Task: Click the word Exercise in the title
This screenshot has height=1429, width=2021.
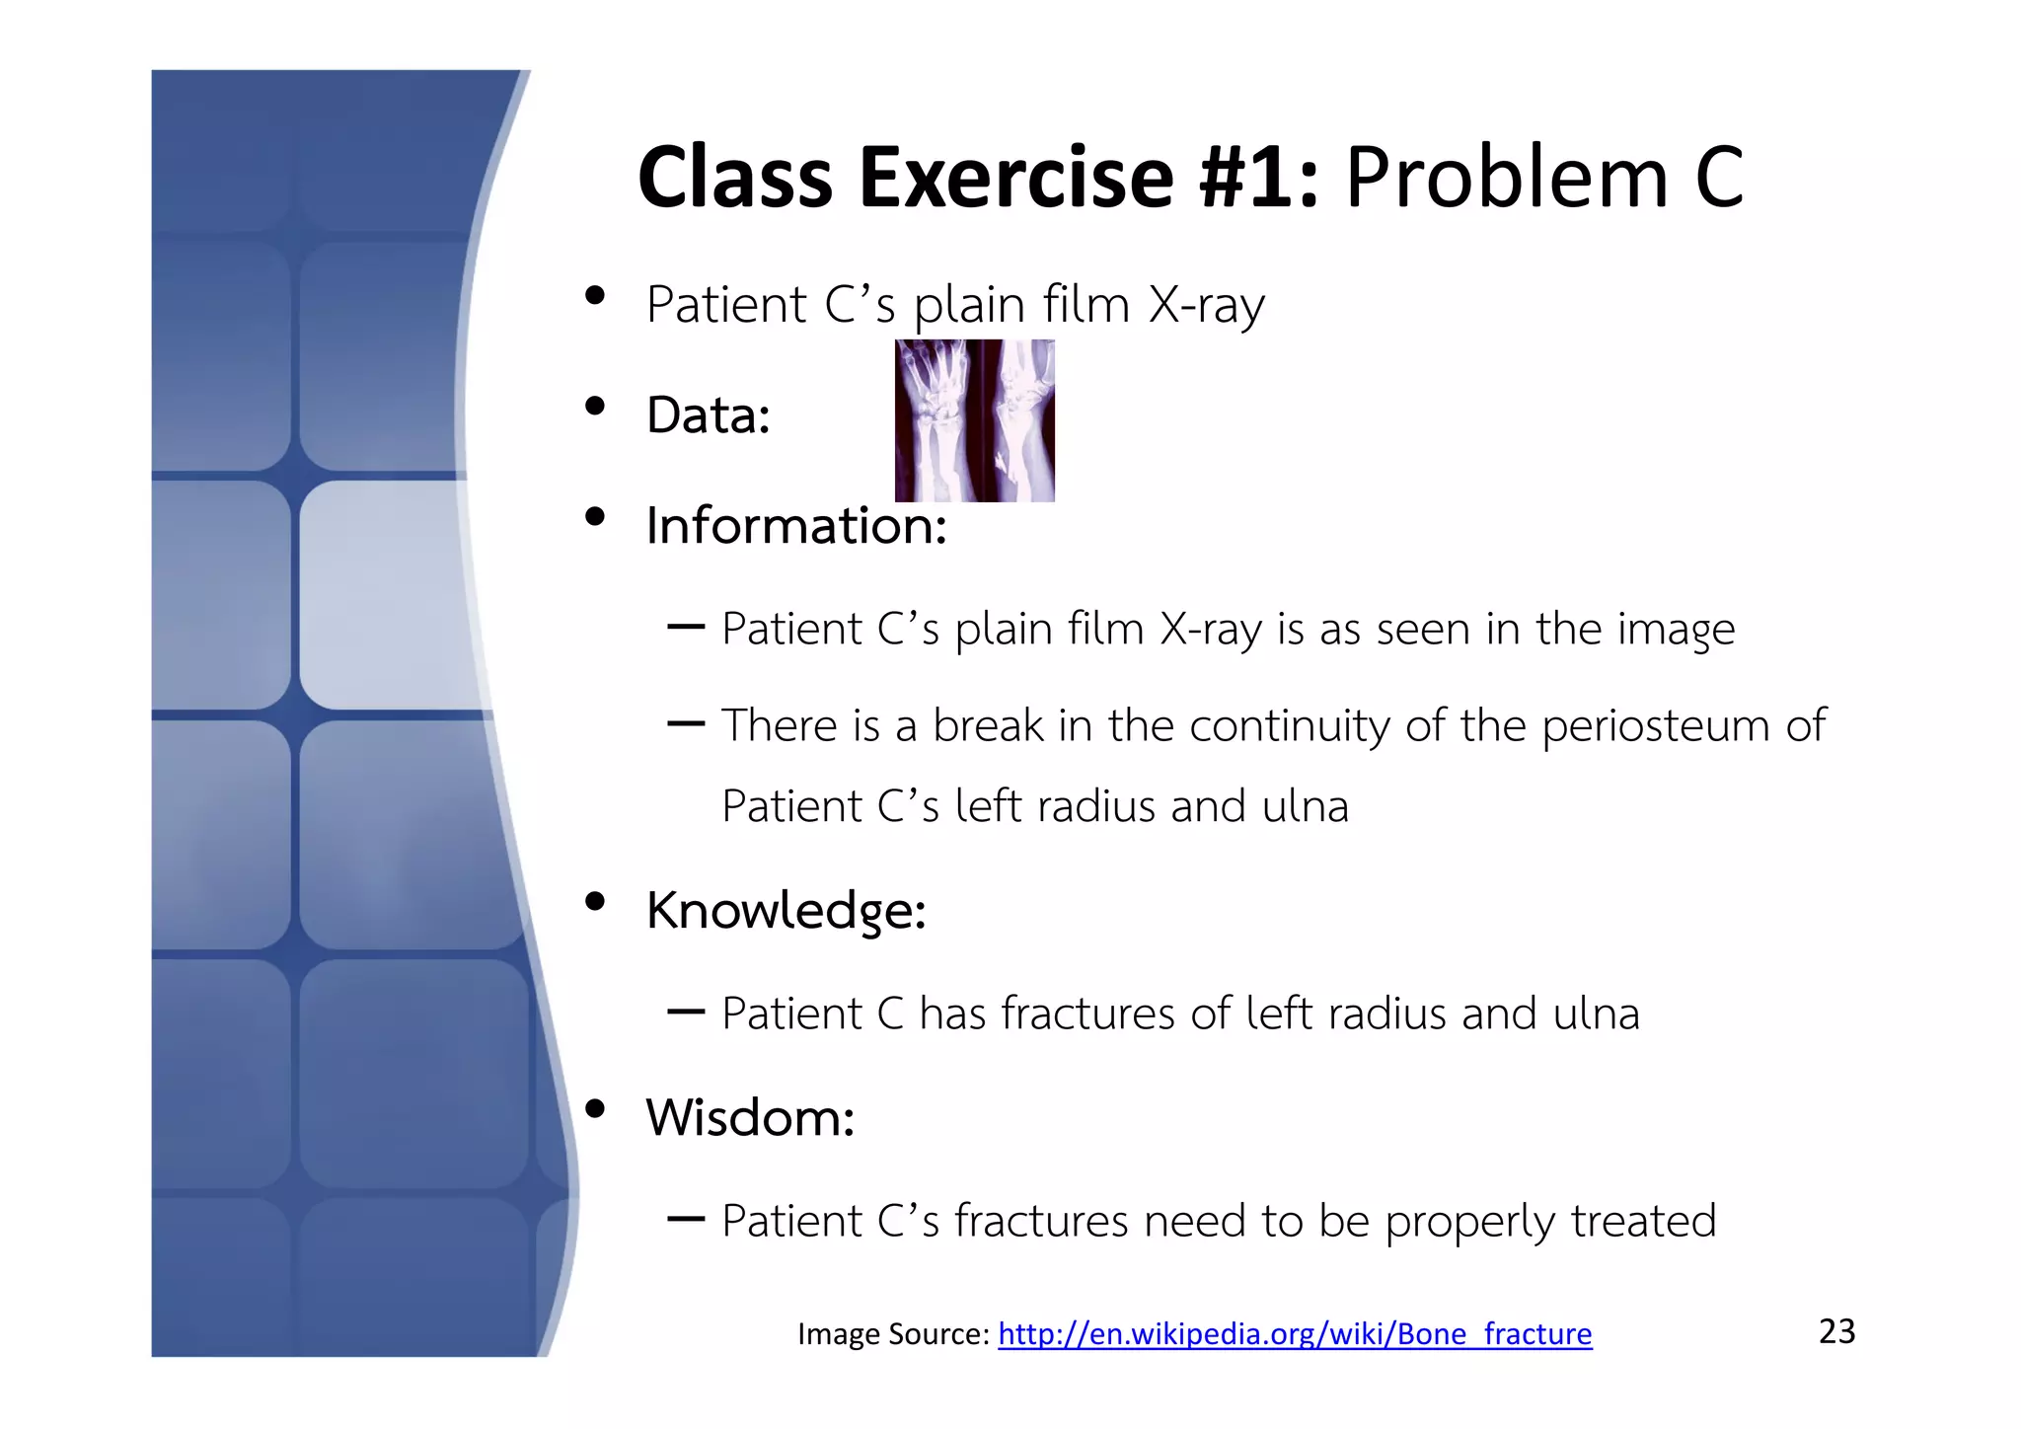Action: pos(1015,179)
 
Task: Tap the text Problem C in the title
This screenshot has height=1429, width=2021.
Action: pos(1544,179)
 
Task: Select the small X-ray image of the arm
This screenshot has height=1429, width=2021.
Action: pos(974,420)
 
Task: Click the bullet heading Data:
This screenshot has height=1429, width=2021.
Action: pos(708,414)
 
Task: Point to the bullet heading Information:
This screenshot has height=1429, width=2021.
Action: pos(795,525)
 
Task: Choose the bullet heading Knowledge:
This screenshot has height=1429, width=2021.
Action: pos(786,909)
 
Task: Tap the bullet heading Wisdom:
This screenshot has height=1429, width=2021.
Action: pos(749,1117)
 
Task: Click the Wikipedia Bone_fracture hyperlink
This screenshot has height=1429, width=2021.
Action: pos(1295,1334)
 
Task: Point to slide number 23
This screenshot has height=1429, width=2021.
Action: pos(1836,1331)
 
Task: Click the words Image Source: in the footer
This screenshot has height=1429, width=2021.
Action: pos(892,1334)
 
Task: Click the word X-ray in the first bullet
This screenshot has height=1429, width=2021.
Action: pos(1206,304)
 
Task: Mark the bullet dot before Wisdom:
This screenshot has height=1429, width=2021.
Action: pos(594,1108)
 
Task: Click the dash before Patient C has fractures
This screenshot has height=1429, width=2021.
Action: pos(685,1012)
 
